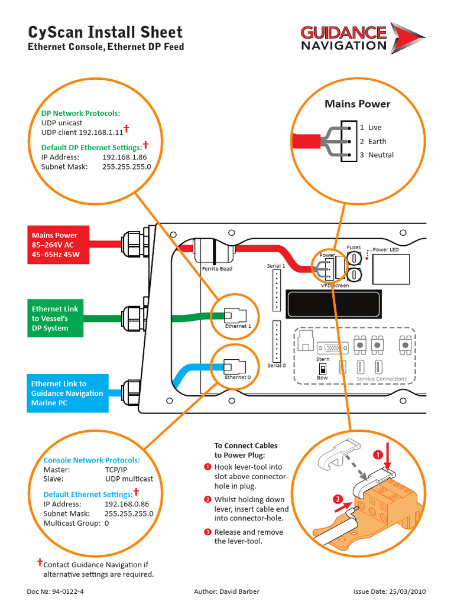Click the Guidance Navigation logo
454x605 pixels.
tap(361, 38)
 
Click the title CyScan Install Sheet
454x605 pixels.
tap(106, 32)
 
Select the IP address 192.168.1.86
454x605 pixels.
tap(124, 157)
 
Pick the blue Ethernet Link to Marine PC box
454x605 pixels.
tap(67, 393)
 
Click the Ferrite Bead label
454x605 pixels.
tap(217, 269)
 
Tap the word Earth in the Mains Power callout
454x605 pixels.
tap(377, 141)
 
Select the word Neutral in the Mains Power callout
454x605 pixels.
tap(381, 155)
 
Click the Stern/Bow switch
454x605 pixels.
tap(323, 367)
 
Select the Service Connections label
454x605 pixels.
tap(382, 379)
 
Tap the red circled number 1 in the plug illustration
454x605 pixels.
tap(378, 454)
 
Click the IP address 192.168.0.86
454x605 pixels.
tap(127, 504)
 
